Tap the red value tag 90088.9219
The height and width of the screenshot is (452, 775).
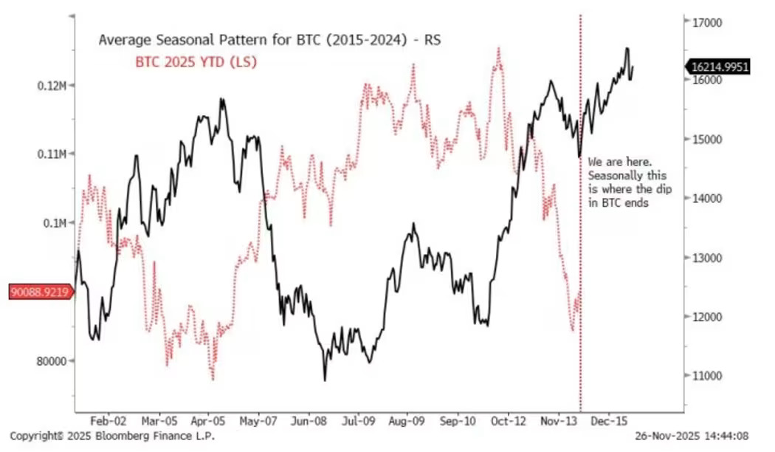pyautogui.click(x=39, y=292)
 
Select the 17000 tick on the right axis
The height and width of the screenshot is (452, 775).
pyautogui.click(x=705, y=22)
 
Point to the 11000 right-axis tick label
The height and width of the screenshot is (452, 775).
pyautogui.click(x=705, y=376)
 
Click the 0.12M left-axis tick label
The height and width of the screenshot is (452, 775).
pyautogui.click(x=51, y=86)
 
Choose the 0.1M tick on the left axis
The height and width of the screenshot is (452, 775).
pyautogui.click(x=53, y=223)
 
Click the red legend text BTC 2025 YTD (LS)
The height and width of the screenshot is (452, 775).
pyautogui.click(x=196, y=62)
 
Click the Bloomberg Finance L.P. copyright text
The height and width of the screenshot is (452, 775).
pyautogui.click(x=112, y=436)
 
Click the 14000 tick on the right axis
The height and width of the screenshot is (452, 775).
pyautogui.click(x=705, y=198)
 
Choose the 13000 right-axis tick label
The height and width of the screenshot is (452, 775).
pyautogui.click(x=705, y=258)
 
